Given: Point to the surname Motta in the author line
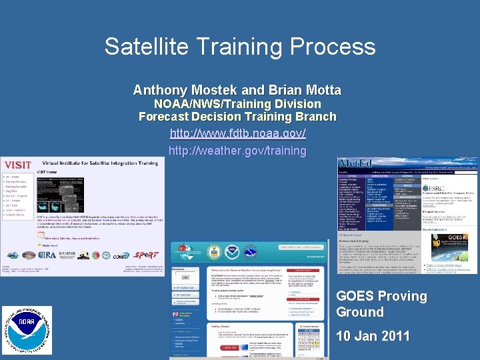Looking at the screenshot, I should coord(321,90).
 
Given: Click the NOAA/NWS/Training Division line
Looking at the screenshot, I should coord(237,104).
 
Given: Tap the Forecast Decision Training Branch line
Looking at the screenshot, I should coord(237,117).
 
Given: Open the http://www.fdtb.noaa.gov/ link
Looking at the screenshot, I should coord(237,133).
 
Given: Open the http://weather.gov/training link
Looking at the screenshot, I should coord(237,150).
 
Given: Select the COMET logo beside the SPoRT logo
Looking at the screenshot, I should coord(120,256).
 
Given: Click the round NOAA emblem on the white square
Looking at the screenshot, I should coord(26,330).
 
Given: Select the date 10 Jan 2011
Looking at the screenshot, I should coord(373,336).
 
